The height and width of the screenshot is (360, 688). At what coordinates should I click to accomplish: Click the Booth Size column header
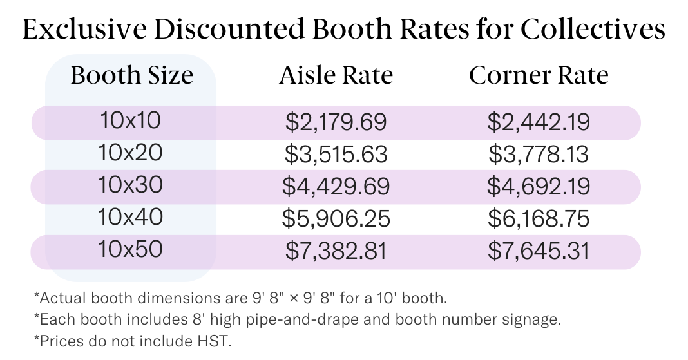tap(131, 76)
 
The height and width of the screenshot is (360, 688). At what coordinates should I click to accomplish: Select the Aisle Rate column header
tap(336, 76)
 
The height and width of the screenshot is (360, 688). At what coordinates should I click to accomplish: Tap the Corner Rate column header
tap(539, 76)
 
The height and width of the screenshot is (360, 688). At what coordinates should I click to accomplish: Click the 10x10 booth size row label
tap(131, 120)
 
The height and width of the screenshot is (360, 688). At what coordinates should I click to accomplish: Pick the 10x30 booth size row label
tap(131, 185)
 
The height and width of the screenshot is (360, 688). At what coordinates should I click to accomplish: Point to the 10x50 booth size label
tap(131, 249)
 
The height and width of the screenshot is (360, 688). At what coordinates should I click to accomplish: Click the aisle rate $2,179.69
tap(336, 122)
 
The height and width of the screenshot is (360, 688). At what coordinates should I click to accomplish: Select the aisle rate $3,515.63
tap(336, 155)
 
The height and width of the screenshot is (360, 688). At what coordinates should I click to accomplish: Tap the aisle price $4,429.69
tap(336, 187)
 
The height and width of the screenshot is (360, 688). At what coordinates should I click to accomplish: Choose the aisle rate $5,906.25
tap(336, 219)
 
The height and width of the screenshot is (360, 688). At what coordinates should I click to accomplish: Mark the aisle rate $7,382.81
tap(336, 251)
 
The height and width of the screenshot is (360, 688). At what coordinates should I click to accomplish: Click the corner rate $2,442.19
tap(539, 122)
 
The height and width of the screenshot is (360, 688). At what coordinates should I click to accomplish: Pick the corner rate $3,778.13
tap(539, 155)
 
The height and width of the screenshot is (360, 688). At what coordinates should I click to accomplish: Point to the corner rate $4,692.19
tap(539, 187)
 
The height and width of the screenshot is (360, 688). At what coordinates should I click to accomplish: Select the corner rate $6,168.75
tap(539, 219)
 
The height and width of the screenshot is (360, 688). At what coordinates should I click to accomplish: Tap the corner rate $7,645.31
tap(539, 251)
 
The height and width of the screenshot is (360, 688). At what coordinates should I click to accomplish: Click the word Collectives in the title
tap(592, 30)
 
